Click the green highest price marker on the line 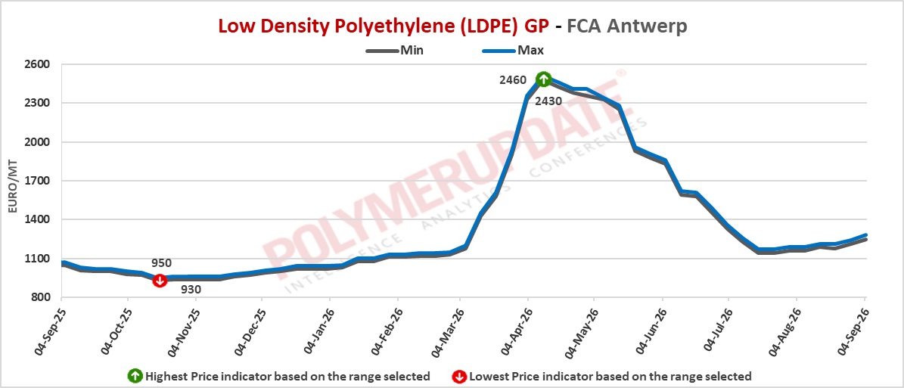point(543,79)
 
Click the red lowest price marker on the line point(160,280)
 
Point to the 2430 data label point(549,101)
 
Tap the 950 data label point(161,263)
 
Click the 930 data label point(190,290)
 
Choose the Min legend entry point(395,50)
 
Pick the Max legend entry point(514,50)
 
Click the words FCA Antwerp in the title point(626,26)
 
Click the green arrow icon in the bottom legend point(135,377)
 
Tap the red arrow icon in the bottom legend point(459,377)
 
